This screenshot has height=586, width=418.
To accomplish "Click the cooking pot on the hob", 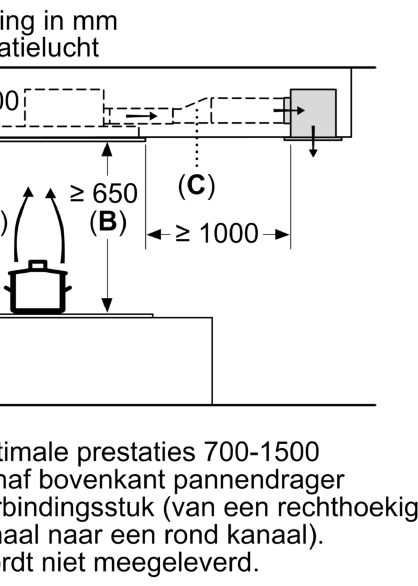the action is coord(38,289).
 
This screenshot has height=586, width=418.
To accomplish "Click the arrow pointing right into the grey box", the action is coord(289,110).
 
